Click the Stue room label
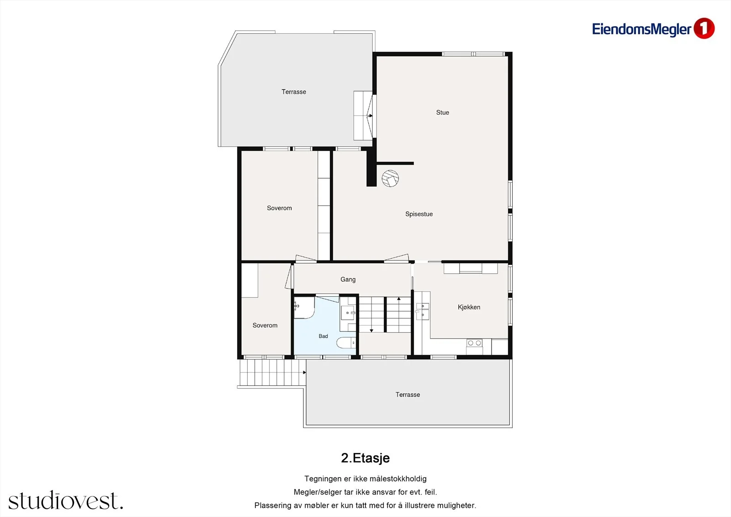point(443,112)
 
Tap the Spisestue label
point(419,214)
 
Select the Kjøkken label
point(469,307)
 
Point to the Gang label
point(348,280)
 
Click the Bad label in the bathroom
point(323,336)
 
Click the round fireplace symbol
point(390,178)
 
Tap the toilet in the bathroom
point(346,343)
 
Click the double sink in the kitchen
point(422,310)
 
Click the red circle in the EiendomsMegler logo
point(704,28)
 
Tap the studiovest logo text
point(66,500)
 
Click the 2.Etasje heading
point(365,458)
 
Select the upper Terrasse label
point(294,92)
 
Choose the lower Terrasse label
point(408,394)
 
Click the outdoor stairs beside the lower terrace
point(273,373)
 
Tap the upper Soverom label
point(279,208)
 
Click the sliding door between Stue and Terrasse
point(374,116)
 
